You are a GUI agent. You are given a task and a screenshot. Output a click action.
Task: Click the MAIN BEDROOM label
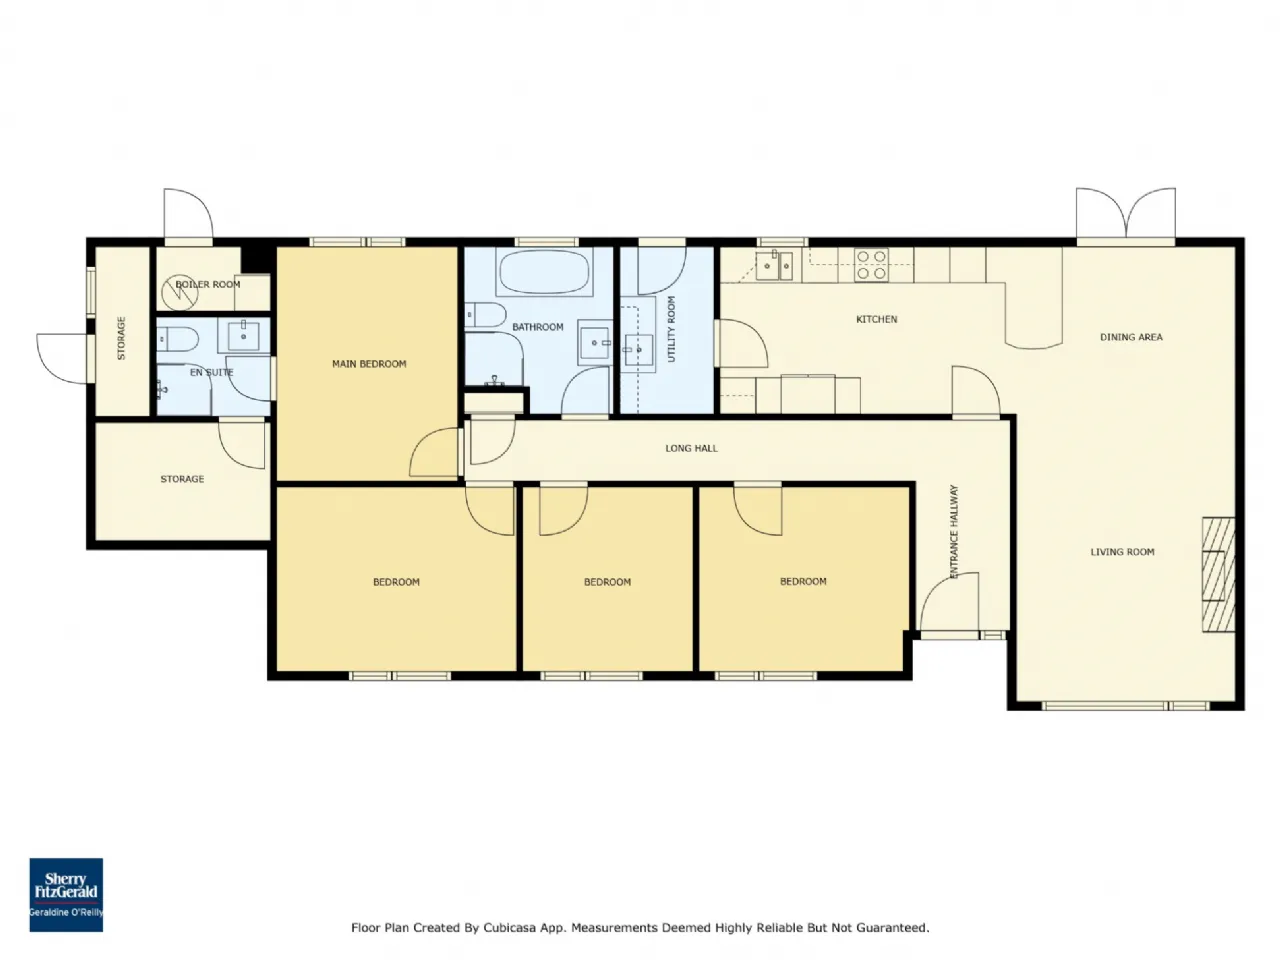tap(369, 364)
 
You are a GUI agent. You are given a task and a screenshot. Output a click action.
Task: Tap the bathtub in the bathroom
tap(545, 272)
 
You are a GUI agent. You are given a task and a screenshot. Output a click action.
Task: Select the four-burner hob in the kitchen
tap(871, 265)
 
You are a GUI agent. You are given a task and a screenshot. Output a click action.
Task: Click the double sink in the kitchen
tap(774, 266)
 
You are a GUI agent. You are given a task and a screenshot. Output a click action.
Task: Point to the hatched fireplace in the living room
tap(1218, 575)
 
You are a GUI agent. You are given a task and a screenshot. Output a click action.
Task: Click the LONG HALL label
tap(691, 448)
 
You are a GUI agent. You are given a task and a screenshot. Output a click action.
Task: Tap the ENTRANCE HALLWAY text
tap(954, 531)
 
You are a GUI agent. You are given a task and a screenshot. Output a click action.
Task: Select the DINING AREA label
tap(1131, 337)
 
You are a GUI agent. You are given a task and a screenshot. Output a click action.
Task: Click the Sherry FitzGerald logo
tap(66, 895)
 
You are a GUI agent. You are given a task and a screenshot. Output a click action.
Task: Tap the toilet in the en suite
tap(178, 339)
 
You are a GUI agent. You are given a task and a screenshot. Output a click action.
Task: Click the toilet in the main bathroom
tap(485, 315)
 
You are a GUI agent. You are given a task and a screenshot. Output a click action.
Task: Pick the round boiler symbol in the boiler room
tap(180, 293)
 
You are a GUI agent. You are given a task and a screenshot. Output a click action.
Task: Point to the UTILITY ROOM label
tap(671, 329)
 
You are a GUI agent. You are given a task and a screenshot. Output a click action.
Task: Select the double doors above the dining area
tap(1125, 215)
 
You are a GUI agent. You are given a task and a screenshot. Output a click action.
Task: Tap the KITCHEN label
tap(876, 319)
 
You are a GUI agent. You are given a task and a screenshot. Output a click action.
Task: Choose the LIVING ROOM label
tap(1122, 552)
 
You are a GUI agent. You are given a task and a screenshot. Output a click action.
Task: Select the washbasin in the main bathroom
tap(595, 343)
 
